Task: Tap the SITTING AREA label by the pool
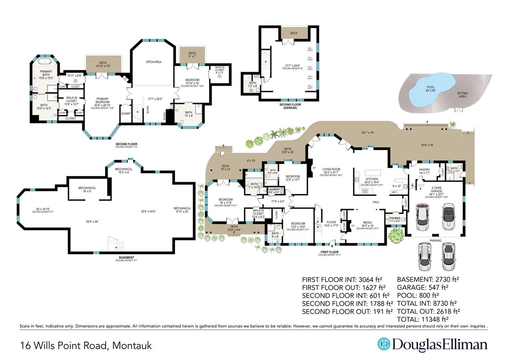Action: coord(462,95)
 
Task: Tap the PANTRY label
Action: coord(424,170)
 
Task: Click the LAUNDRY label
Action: coord(274,190)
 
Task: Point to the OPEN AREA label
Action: coord(154,62)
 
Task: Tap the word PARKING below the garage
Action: coord(436,240)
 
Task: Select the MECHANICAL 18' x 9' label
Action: coord(84,189)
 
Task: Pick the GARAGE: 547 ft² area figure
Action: coord(423,287)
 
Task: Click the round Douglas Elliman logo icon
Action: coord(383,344)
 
